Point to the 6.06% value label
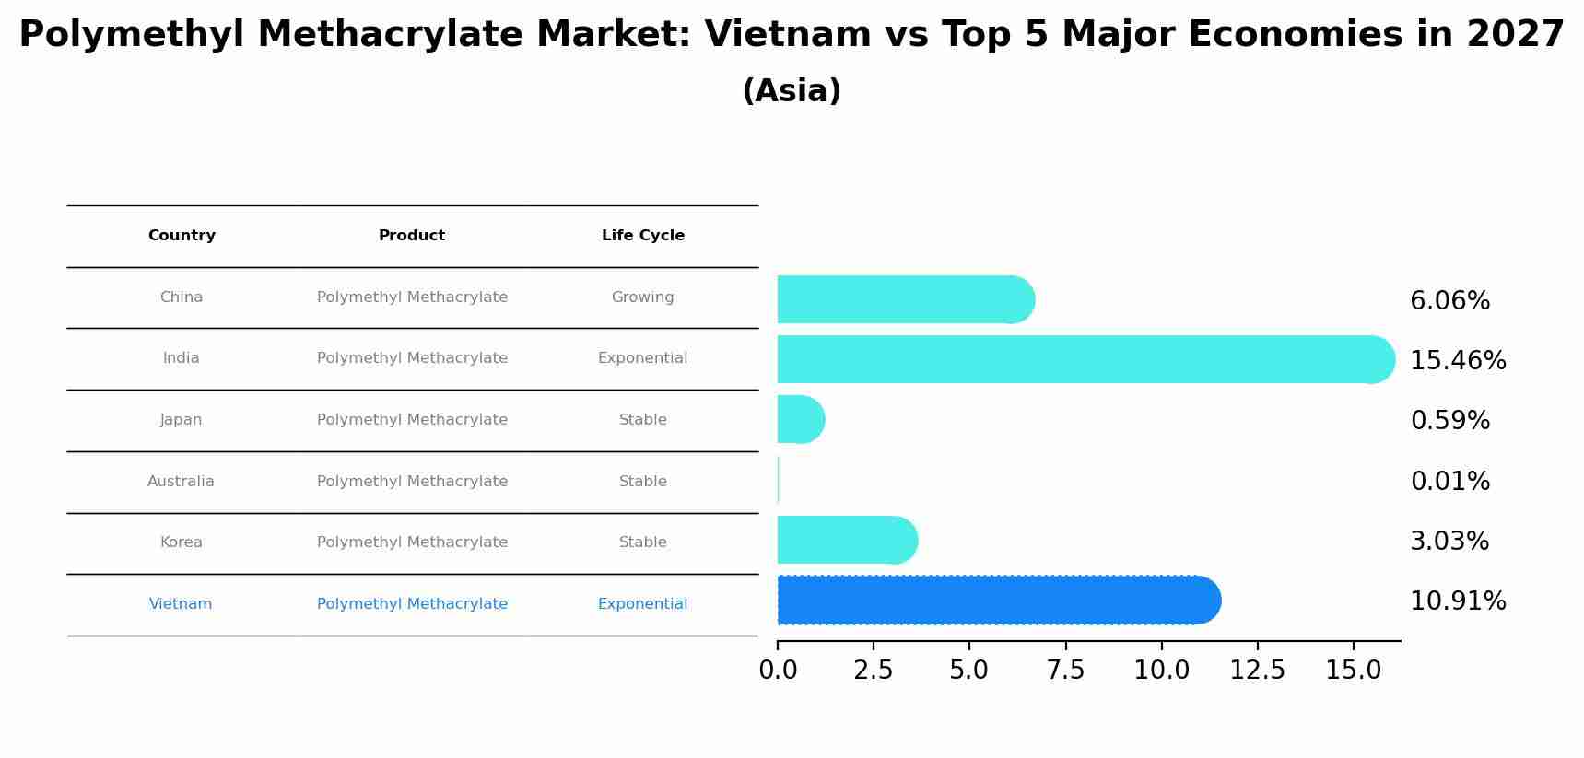pyautogui.click(x=1449, y=301)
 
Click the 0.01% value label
pyautogui.click(x=1449, y=482)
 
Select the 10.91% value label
pyautogui.click(x=1458, y=601)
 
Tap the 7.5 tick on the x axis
pyautogui.click(x=1065, y=671)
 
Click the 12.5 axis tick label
pyautogui.click(x=1257, y=671)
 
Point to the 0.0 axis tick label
pyautogui.click(x=778, y=671)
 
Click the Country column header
pyautogui.click(x=182, y=236)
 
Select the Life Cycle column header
pyautogui.click(x=642, y=236)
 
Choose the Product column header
pyautogui.click(x=412, y=236)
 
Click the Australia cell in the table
pyautogui.click(x=181, y=482)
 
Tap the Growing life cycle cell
pyautogui.click(x=642, y=297)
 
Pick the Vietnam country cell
pyautogui.click(x=181, y=604)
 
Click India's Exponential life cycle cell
pyautogui.click(x=642, y=358)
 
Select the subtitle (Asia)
pyautogui.click(x=792, y=91)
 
